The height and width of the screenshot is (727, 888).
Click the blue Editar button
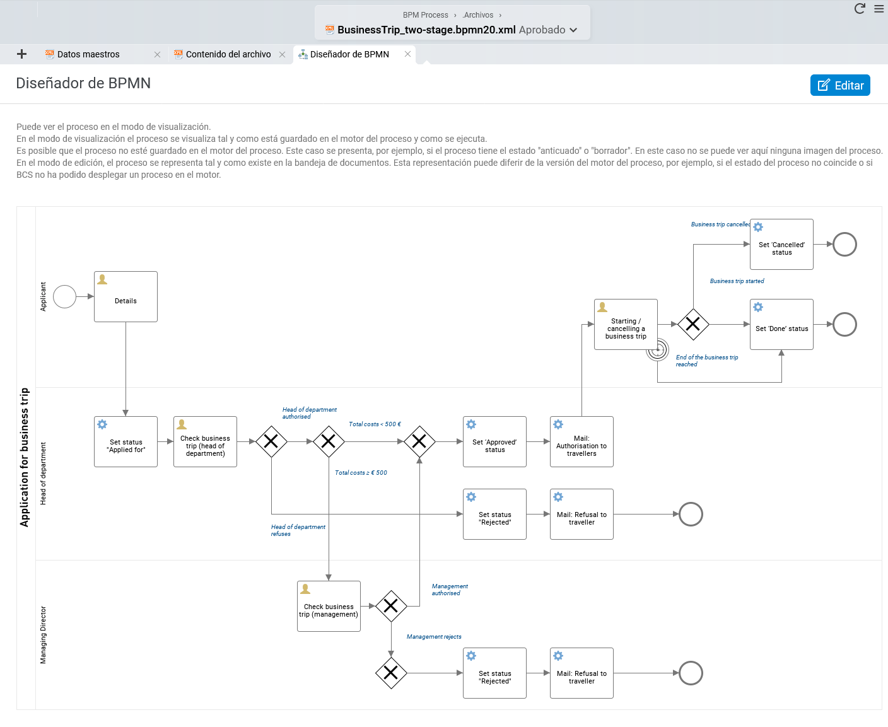pos(839,85)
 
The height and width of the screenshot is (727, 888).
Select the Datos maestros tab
pos(88,54)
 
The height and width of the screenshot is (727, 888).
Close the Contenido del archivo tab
pos(282,55)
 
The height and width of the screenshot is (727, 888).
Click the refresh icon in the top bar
pos(860,9)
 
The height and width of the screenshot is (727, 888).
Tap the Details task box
pos(126,297)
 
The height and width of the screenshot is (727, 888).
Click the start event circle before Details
pos(64,297)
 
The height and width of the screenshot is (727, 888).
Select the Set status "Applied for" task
pos(126,441)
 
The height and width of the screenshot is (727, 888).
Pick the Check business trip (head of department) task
pos(205,441)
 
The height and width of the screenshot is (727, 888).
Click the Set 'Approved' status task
pos(494,441)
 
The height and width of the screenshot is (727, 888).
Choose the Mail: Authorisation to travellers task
pos(581,441)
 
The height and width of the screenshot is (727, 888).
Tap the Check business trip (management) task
pos(329,606)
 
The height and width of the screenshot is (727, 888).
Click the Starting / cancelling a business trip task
pos(626,325)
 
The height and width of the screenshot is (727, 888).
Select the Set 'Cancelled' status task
pos(781,244)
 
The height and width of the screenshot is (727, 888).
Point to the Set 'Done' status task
pos(781,325)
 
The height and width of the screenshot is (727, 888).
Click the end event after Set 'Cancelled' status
pos(844,244)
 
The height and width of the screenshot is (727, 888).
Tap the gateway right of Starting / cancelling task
pos(693,325)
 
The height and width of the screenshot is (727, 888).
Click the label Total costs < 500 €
pos(375,424)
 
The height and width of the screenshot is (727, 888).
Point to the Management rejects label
pos(434,636)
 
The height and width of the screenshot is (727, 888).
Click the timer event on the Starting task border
pos(657,350)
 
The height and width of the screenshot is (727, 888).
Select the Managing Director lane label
pos(43,635)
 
